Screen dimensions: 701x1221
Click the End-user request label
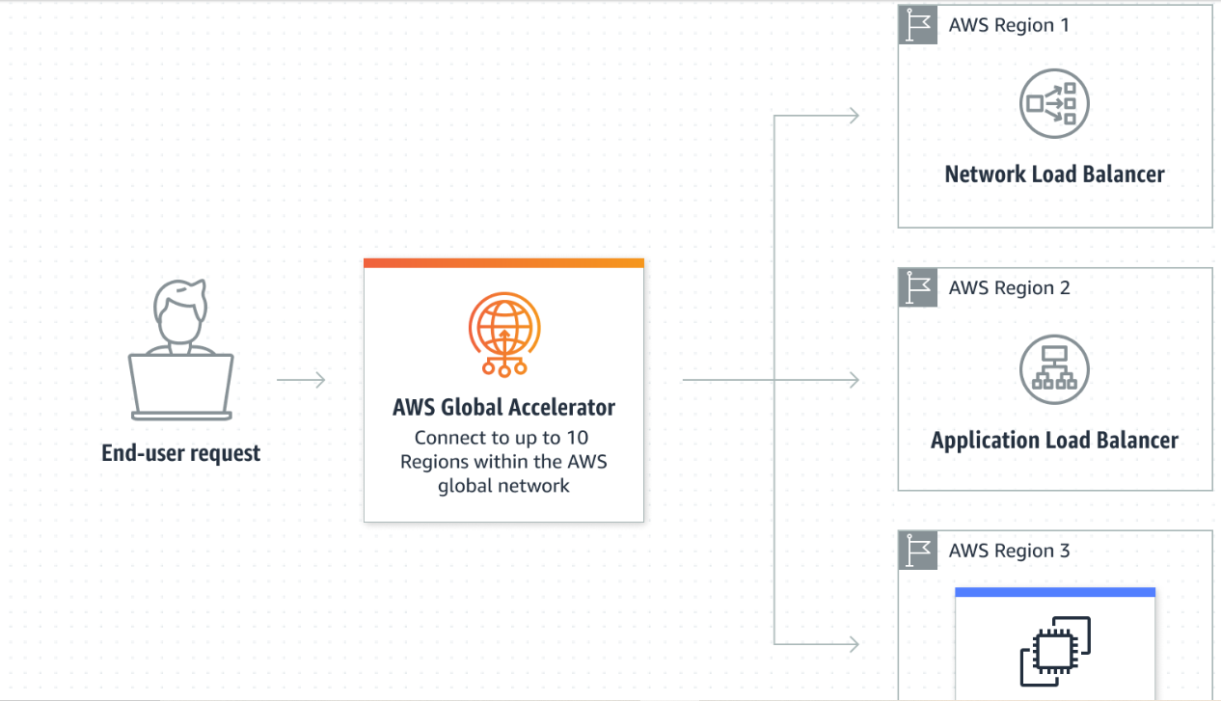pos(180,453)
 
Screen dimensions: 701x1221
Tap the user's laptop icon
pos(181,387)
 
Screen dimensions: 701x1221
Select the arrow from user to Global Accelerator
pos(301,380)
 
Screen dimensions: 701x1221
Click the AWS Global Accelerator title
pos(503,407)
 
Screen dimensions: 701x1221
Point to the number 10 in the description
pos(577,438)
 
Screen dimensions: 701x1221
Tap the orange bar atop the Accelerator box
pos(503,263)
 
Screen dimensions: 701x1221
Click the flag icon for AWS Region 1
pos(917,25)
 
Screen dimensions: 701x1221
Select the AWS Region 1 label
pos(1009,25)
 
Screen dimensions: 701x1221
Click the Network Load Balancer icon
pos(1054,103)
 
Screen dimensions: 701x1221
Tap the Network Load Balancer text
pos(1054,175)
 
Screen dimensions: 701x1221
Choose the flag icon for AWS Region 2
pos(917,288)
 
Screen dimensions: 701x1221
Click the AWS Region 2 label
pos(1009,288)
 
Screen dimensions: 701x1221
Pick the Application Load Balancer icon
pos(1054,369)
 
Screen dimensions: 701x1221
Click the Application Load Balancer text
pos(1054,441)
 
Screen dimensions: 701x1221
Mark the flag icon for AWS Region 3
pos(917,551)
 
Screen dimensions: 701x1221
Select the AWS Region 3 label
pos(1009,552)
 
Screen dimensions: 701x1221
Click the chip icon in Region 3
pos(1055,651)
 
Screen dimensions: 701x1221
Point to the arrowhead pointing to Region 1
pos(853,117)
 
